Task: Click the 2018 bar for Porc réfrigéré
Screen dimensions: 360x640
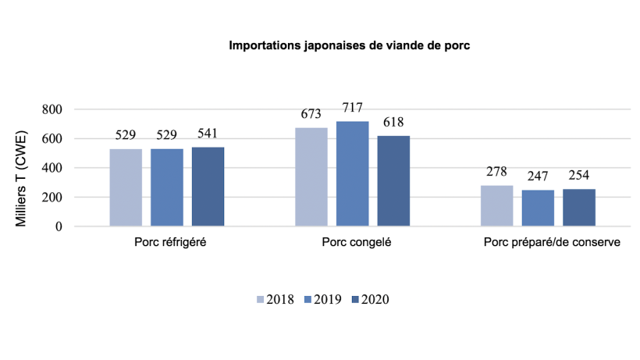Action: click(x=126, y=187)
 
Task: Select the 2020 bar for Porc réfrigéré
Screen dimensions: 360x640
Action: click(x=208, y=187)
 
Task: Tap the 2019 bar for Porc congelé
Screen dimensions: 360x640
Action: click(x=352, y=173)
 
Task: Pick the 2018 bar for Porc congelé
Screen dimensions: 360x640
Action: click(x=311, y=176)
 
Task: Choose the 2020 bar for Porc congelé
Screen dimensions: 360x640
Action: click(x=393, y=181)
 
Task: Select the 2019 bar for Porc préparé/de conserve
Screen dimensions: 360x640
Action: click(x=538, y=209)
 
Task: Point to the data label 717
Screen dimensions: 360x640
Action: click(x=352, y=108)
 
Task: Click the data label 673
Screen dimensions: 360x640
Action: click(x=311, y=115)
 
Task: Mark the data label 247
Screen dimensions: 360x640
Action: click(x=538, y=177)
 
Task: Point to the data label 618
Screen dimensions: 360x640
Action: click(x=393, y=123)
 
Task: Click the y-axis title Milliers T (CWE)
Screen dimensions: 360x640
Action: click(x=23, y=169)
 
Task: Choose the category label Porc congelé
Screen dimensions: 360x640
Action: click(x=356, y=243)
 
